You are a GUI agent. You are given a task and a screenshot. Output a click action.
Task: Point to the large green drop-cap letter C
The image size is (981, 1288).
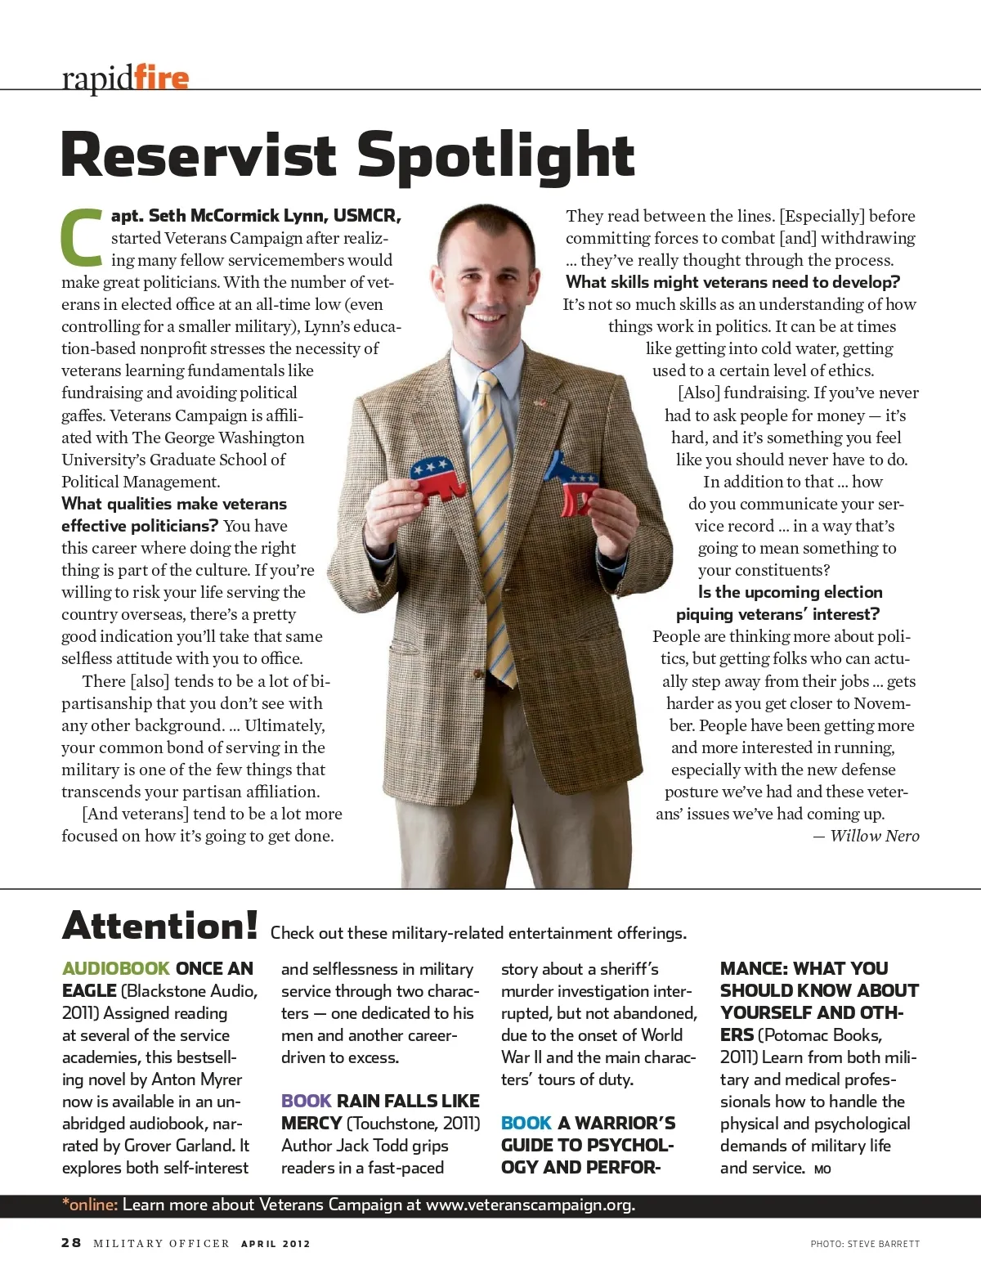[82, 239]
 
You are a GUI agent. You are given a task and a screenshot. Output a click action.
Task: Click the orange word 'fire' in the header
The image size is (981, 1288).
[161, 78]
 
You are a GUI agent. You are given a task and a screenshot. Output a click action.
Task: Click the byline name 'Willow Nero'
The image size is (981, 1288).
[874, 836]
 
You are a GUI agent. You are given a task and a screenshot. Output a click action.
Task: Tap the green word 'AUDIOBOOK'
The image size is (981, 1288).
[115, 968]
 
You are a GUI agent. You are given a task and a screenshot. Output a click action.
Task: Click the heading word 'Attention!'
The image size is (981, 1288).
[160, 927]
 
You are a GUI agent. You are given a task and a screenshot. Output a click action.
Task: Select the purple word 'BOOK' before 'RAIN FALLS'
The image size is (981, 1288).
[306, 1101]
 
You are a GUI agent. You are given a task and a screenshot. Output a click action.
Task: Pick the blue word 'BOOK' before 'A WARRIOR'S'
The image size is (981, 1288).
[526, 1123]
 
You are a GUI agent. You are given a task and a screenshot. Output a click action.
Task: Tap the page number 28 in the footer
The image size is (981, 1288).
[71, 1243]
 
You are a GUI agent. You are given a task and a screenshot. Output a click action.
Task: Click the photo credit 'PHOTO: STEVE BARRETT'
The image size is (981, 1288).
[865, 1244]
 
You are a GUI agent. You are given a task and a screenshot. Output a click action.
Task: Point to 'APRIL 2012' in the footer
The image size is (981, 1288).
[275, 1244]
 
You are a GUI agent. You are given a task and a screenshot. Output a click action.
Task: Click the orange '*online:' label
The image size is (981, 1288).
[90, 1205]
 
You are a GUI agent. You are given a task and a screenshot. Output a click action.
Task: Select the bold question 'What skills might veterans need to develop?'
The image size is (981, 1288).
[732, 282]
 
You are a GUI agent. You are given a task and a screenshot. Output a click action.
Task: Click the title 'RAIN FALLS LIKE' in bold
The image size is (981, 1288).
[408, 1101]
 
